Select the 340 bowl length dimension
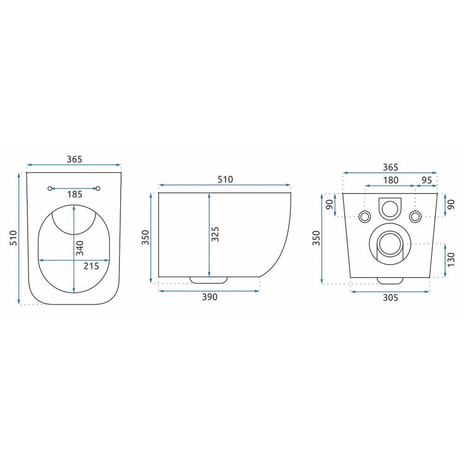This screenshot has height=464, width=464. click(x=80, y=248)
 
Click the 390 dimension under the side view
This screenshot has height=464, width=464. click(x=209, y=297)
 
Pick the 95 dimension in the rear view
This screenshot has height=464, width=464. click(x=426, y=180)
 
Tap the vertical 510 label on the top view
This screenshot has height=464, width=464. click(x=13, y=238)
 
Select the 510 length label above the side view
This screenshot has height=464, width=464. click(x=225, y=180)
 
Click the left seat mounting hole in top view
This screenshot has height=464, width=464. click(x=50, y=188)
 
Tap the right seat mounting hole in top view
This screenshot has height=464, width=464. click(x=98, y=188)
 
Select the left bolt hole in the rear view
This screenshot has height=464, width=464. click(x=365, y=216)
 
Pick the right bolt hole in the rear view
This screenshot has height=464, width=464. click(x=415, y=216)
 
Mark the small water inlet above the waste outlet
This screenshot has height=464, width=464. click(x=390, y=207)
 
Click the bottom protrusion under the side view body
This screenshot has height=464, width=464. click(x=209, y=279)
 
